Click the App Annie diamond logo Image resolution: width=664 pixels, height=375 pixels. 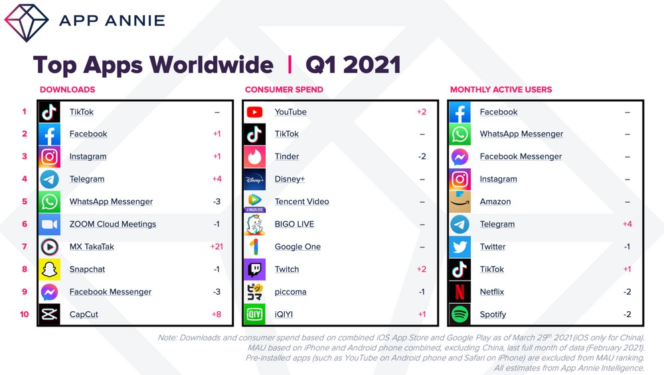click(27, 23)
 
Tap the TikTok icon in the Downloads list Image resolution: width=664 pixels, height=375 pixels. click(50, 112)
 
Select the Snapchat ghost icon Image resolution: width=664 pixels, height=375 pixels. click(50, 269)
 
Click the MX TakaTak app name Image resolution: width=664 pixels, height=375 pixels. click(92, 247)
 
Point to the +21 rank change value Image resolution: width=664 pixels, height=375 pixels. click(216, 247)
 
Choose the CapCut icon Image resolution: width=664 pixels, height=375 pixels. click(50, 314)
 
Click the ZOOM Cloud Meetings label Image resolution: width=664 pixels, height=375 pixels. click(113, 224)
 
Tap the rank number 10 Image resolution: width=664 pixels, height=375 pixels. click(24, 314)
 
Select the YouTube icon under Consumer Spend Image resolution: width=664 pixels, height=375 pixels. click(254, 112)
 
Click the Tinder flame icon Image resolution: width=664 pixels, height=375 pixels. click(254, 157)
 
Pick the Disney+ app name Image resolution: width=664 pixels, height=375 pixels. click(290, 179)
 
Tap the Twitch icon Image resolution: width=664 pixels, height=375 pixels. click(254, 269)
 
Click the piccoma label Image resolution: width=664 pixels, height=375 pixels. click(291, 292)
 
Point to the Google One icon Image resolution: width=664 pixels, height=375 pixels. click(254, 247)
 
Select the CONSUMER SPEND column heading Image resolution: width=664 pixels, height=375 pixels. click(284, 90)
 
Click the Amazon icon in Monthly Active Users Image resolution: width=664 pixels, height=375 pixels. click(460, 202)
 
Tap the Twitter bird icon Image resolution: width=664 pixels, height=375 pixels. click(460, 247)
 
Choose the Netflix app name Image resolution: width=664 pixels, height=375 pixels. click(491, 292)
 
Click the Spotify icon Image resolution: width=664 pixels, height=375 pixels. click(460, 314)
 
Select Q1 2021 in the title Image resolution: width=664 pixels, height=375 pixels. click(353, 65)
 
